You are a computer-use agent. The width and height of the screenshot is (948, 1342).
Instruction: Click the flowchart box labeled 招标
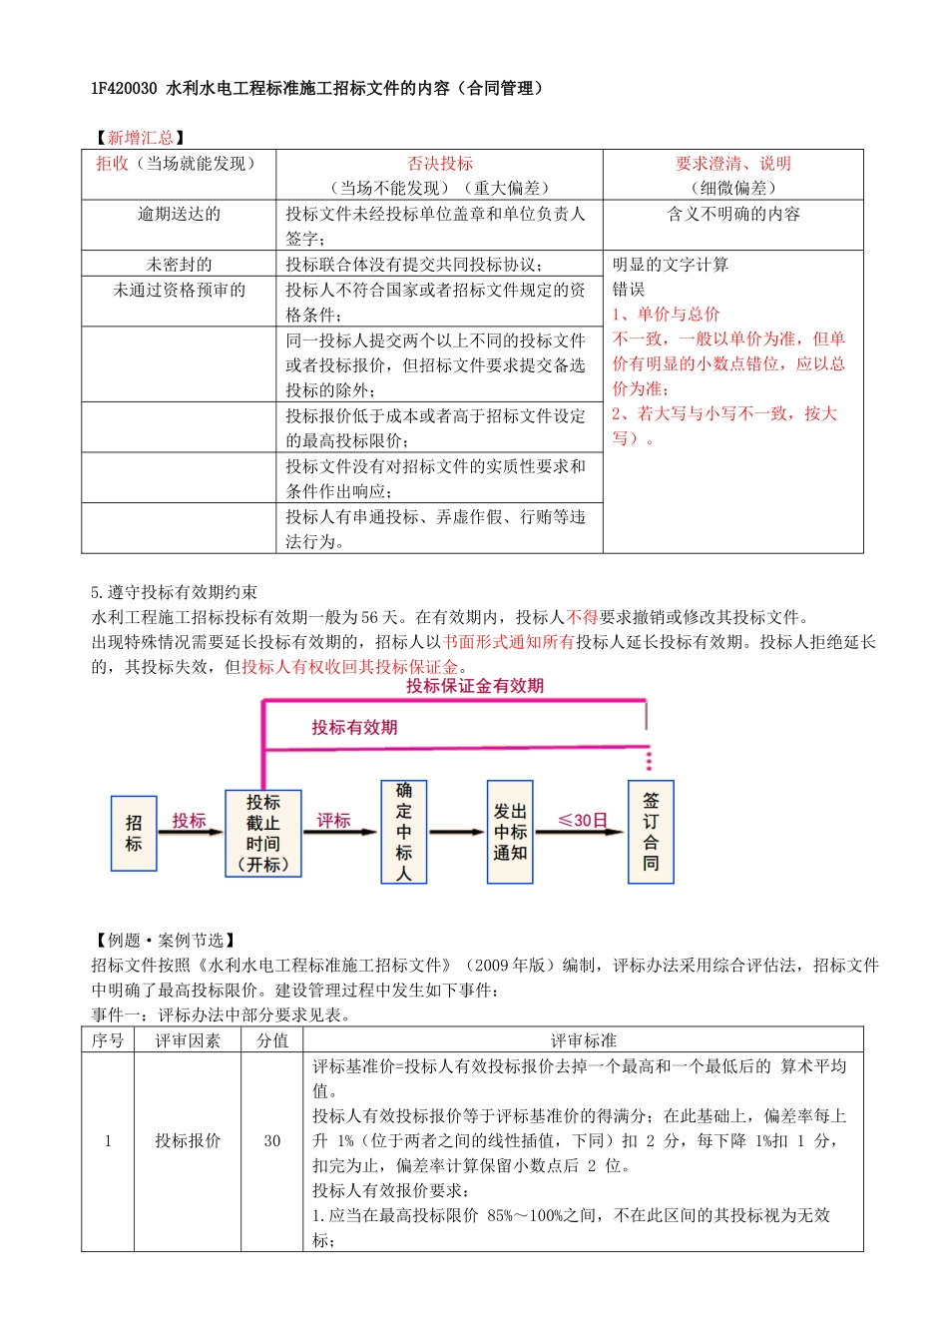pyautogui.click(x=134, y=834)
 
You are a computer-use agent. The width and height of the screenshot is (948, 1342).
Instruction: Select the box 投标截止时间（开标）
pyautogui.click(x=263, y=834)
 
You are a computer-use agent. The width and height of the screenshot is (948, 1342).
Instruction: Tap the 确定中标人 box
pyautogui.click(x=403, y=832)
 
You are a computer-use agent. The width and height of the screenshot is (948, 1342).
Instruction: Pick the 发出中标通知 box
pyautogui.click(x=510, y=832)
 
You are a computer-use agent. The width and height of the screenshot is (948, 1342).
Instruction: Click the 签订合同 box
pyautogui.click(x=651, y=832)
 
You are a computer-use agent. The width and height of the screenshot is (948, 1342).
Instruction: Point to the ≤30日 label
pyautogui.click(x=583, y=821)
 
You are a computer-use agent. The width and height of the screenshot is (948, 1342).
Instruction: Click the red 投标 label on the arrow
pyautogui.click(x=189, y=821)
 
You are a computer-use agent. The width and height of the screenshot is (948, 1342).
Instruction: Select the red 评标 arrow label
pyautogui.click(x=333, y=821)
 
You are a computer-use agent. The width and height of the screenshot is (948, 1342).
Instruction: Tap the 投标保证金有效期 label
pyautogui.click(x=475, y=686)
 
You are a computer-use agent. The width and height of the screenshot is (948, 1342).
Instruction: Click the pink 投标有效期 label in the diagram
pyautogui.click(x=354, y=728)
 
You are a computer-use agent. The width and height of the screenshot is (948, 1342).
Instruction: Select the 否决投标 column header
pyautogui.click(x=440, y=164)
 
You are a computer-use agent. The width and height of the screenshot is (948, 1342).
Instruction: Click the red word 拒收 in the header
pyautogui.click(x=112, y=164)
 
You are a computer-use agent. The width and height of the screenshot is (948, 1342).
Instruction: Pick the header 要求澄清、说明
pyautogui.click(x=733, y=164)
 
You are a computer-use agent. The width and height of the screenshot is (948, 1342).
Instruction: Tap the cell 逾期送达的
pyautogui.click(x=179, y=215)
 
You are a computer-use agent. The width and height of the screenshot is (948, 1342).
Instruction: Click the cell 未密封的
pyautogui.click(x=179, y=265)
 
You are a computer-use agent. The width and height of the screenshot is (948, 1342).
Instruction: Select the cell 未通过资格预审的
pyautogui.click(x=179, y=291)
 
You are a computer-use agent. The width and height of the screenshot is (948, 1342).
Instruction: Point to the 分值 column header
pyautogui.click(x=272, y=1040)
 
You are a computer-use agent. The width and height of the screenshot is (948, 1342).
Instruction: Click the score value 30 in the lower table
pyautogui.click(x=272, y=1141)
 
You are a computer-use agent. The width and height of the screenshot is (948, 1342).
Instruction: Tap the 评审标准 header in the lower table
pyautogui.click(x=584, y=1040)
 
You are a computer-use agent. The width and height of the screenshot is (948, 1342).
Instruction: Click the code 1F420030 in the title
pyautogui.click(x=124, y=89)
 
